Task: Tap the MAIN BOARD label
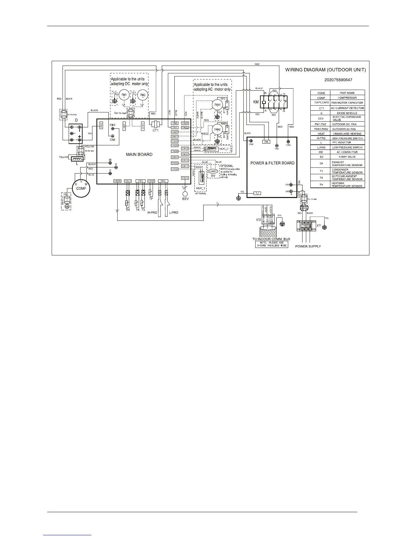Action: [x=139, y=154]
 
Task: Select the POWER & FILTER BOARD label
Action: [x=272, y=163]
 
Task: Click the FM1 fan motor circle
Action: [x=124, y=95]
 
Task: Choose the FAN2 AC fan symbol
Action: [x=218, y=129]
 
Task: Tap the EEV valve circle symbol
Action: [x=185, y=194]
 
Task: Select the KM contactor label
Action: [x=256, y=102]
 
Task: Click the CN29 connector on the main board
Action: [x=117, y=181]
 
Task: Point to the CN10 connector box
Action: [x=185, y=178]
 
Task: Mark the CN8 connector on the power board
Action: [x=266, y=142]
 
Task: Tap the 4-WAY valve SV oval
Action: [x=213, y=172]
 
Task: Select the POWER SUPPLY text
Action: [x=308, y=246]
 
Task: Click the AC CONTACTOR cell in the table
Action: [x=347, y=152]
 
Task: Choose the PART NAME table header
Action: [x=347, y=93]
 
